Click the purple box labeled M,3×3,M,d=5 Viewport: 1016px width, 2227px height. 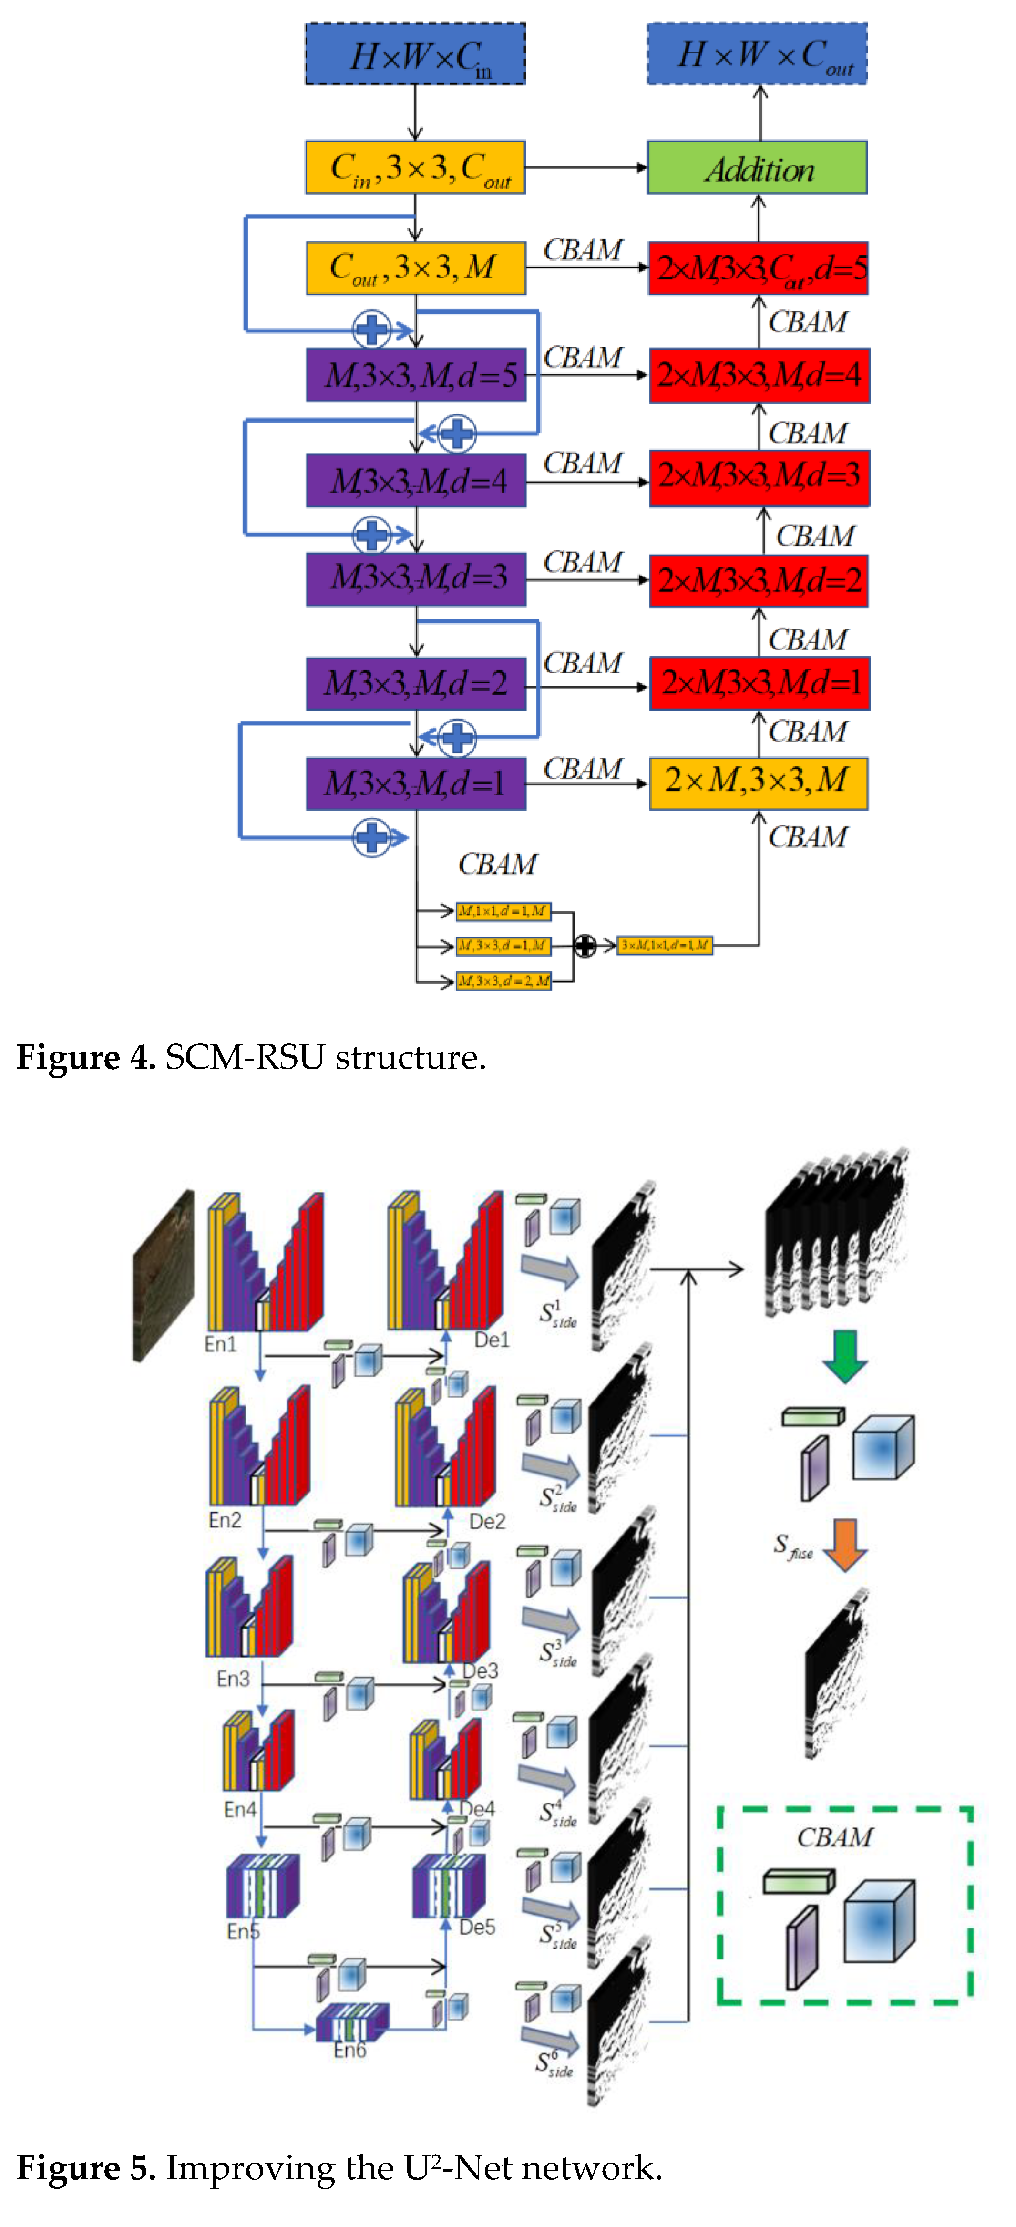(416, 375)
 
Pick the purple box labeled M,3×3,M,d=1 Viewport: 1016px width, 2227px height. (416, 783)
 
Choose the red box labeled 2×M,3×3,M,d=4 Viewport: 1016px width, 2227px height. (759, 375)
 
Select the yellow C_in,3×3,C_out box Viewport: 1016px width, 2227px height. (415, 168)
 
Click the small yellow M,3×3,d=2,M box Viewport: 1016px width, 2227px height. (503, 980)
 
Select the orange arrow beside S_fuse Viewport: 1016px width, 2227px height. (845, 1544)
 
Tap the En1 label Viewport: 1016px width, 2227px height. (220, 1343)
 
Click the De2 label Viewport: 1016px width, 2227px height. (487, 1521)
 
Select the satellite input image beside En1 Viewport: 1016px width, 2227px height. (164, 1275)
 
